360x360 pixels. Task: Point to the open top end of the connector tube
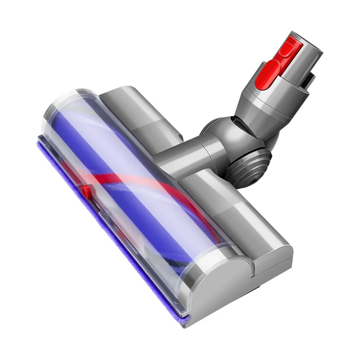[310, 43]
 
